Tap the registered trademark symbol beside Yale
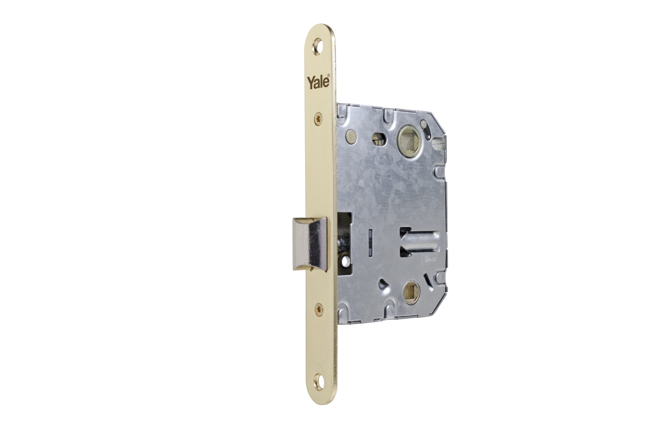329,76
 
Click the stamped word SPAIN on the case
431,259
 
